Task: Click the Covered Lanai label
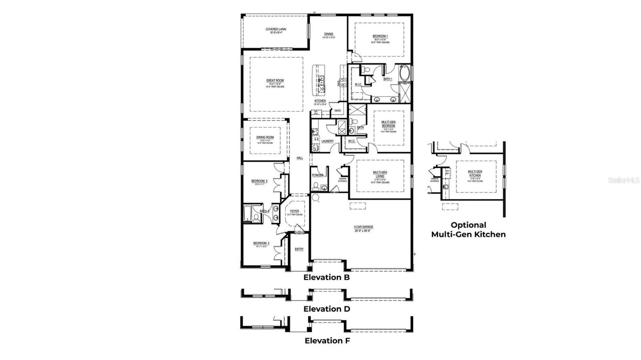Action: coord(276,30)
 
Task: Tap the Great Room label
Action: coord(275,80)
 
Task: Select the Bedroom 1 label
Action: coord(380,36)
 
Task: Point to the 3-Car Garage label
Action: coord(363,227)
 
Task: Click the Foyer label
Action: coord(294,211)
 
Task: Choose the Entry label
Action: coord(299,249)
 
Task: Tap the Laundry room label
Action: coord(327,141)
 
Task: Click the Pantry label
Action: coord(337,110)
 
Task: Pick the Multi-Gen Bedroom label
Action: coord(388,124)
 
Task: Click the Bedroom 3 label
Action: coord(259,181)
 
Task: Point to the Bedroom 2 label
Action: coord(261,243)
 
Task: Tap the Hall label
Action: coord(300,158)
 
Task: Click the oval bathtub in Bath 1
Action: coord(404,73)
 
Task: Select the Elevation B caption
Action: coord(327,277)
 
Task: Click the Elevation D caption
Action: coord(327,309)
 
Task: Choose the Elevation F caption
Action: coord(327,341)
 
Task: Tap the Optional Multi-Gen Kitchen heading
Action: coord(468,229)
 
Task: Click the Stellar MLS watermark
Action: coord(623,181)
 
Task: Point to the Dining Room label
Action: coord(265,137)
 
